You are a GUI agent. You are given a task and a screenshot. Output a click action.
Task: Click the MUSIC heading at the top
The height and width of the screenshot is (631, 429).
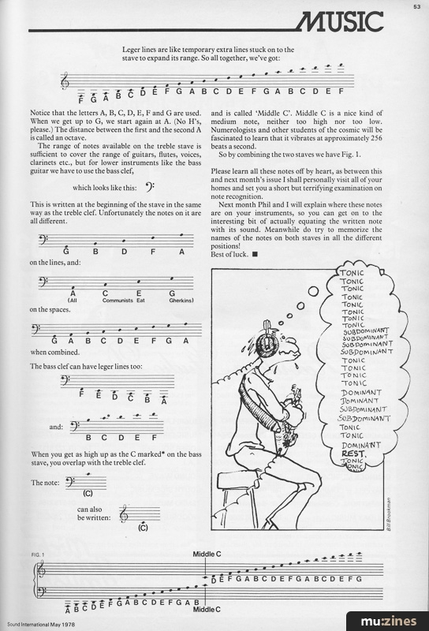click(339, 21)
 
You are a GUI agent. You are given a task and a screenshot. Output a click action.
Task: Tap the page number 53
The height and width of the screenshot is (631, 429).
click(417, 6)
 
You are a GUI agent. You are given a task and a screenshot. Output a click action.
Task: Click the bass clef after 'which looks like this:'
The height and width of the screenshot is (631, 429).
click(149, 187)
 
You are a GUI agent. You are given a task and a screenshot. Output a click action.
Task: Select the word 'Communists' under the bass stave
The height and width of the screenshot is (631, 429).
click(118, 301)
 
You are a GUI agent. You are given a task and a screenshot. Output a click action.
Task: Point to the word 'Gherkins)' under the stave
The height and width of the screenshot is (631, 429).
click(181, 301)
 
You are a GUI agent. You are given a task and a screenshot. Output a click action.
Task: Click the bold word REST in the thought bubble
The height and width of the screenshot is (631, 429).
click(353, 454)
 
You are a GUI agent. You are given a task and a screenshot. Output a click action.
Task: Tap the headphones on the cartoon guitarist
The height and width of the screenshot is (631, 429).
click(266, 342)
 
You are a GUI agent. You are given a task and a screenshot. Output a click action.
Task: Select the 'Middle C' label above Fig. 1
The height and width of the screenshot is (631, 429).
click(207, 554)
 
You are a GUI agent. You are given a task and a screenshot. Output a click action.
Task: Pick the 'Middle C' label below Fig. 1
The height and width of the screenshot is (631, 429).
click(207, 609)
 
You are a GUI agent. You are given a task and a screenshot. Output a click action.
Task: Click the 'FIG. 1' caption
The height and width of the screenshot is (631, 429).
click(37, 554)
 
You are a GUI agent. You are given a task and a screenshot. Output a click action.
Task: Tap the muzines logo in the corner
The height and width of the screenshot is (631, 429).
click(388, 622)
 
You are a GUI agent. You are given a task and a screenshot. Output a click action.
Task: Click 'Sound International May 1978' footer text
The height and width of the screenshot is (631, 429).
click(41, 625)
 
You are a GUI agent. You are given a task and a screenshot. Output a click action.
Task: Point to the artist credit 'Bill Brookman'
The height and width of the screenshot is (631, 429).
click(388, 514)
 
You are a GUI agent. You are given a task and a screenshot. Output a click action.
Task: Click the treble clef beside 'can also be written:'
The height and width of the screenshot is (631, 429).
click(124, 513)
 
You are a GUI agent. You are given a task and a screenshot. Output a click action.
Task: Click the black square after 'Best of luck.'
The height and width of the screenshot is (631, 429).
click(255, 254)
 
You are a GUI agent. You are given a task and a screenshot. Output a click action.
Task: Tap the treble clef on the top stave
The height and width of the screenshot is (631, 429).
click(65, 80)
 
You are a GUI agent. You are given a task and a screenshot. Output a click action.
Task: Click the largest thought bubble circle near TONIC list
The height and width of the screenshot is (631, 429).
click(313, 291)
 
